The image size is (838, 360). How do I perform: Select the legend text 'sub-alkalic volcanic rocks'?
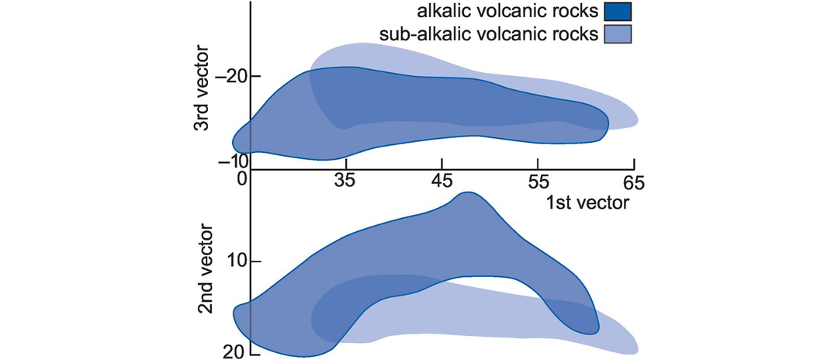tap(490, 34)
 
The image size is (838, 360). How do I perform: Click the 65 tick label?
tap(634, 182)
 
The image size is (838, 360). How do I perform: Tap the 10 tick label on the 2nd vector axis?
tap(236, 261)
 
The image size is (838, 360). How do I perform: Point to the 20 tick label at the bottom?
tap(236, 351)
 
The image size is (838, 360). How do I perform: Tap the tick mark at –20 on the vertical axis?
tap(255, 76)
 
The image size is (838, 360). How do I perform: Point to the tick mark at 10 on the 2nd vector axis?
tap(255, 261)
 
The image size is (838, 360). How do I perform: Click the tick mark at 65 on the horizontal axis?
tap(634, 165)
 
